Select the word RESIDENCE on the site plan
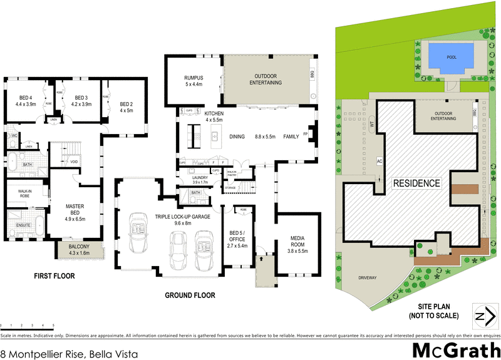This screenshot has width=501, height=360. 416,183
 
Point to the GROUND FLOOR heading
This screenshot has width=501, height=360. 190,295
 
